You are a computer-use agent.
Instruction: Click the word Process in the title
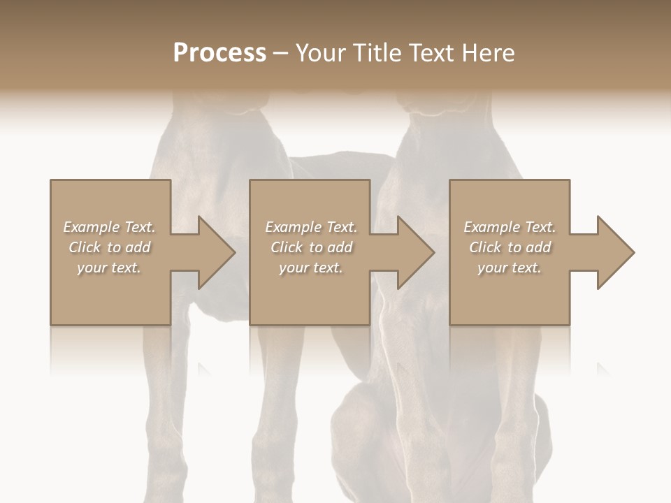[219, 53]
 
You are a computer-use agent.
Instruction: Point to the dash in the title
[281, 54]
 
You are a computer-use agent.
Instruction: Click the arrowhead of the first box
[212, 252]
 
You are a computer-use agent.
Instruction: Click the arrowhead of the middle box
[412, 252]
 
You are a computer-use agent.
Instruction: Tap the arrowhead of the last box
[612, 252]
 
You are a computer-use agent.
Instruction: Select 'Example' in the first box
[92, 227]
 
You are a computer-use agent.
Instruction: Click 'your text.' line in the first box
[109, 268]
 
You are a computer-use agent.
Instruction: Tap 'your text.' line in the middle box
[311, 268]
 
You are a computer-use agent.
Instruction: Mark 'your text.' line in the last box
[510, 268]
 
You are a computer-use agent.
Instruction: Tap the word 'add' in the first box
[138, 247]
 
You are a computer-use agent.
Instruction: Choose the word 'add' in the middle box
[340, 247]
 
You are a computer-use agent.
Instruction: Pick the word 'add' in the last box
[538, 247]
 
